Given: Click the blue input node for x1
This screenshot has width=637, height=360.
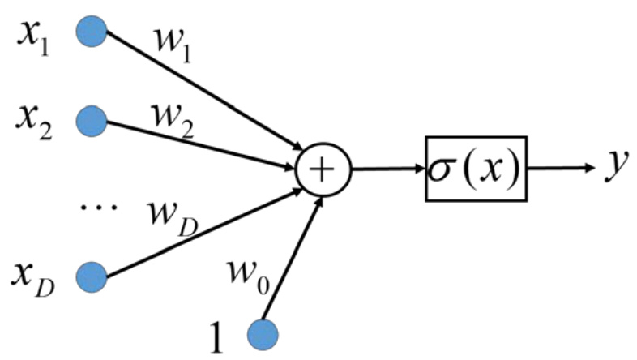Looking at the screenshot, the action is coord(92,32).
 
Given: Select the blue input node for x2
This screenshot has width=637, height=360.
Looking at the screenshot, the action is coord(92,121).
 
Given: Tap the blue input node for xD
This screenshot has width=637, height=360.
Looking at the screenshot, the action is coord(92,277).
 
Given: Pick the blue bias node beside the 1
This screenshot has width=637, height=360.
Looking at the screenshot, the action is coord(263,335).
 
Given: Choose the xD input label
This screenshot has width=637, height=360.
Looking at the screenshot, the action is coord(32,280).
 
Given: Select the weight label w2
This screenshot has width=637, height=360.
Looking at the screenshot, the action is coord(173,121).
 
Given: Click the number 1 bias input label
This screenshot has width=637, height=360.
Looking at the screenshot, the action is coord(217,337).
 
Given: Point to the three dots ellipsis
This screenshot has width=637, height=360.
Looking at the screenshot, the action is coord(99,208).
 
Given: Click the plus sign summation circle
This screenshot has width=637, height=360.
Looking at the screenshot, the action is coord(323,169).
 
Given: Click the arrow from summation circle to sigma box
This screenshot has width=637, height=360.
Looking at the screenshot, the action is coord(387,169).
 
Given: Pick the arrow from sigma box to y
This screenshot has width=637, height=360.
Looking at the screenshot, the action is coord(561,167).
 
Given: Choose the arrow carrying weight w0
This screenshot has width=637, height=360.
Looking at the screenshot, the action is coord(293,258).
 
